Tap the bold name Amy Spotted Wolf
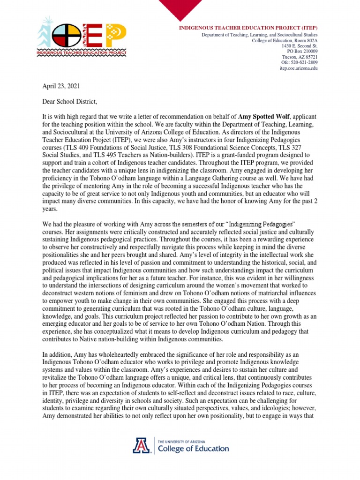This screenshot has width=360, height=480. click(267, 117)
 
